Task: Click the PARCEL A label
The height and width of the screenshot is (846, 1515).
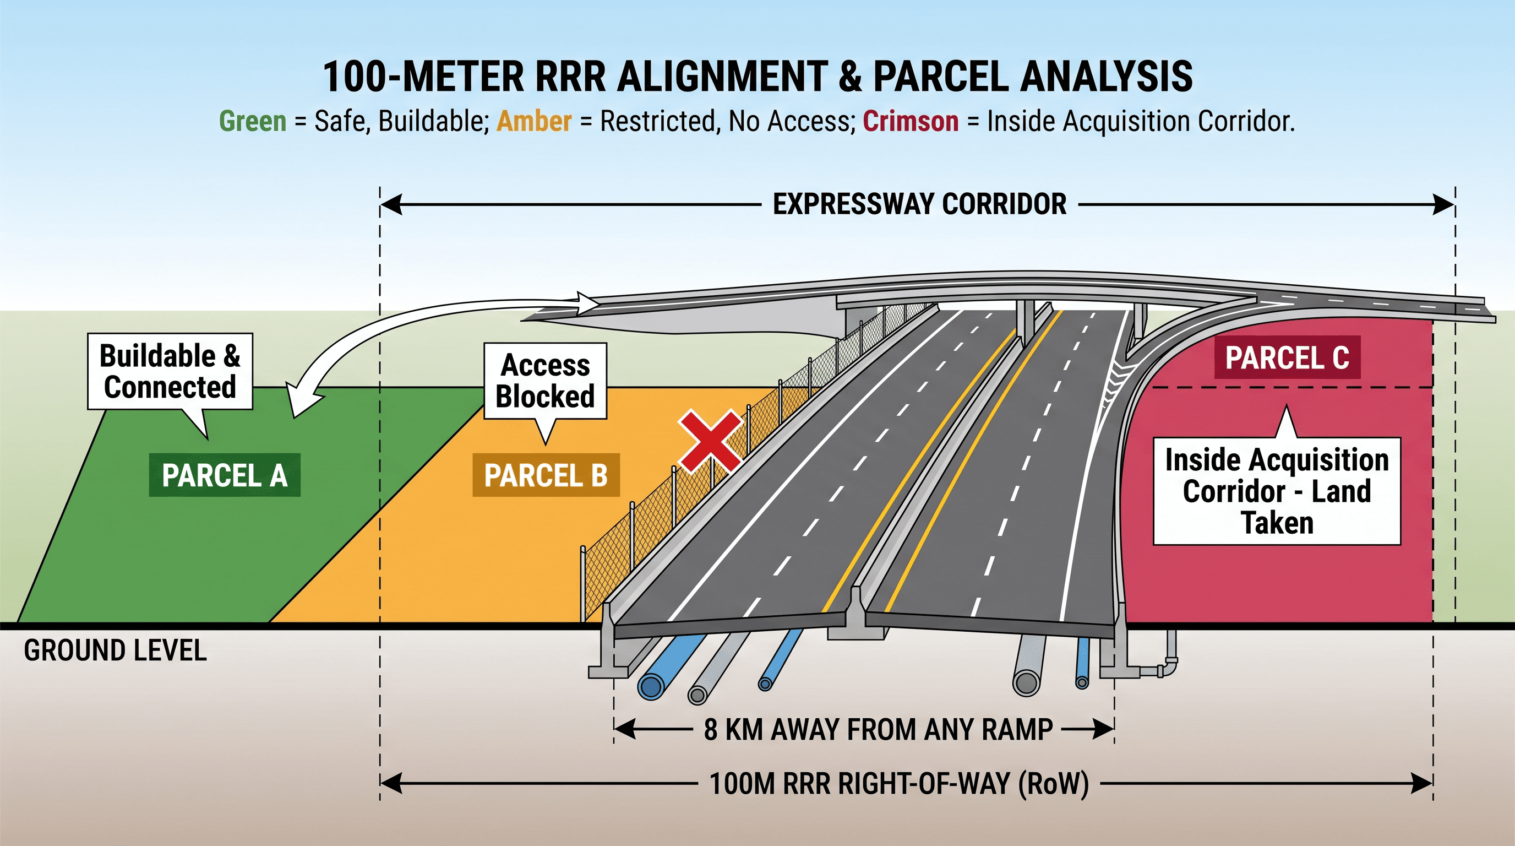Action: tap(224, 475)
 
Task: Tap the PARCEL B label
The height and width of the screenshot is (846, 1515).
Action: tap(546, 475)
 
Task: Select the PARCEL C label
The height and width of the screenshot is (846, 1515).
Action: tap(1288, 357)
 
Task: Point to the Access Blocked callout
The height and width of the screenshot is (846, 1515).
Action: tap(545, 381)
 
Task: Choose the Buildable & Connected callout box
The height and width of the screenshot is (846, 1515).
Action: tap(170, 372)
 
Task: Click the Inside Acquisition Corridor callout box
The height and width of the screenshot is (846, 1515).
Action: tap(1277, 491)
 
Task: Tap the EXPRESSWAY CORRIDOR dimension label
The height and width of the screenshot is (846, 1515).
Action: tap(919, 204)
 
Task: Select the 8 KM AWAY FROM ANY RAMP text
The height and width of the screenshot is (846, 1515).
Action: tap(878, 730)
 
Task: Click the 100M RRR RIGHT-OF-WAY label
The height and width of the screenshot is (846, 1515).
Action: tap(899, 784)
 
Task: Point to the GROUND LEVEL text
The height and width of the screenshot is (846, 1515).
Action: tap(115, 650)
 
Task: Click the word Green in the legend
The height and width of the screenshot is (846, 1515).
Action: tap(253, 121)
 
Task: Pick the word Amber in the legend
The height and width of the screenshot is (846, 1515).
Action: tap(534, 121)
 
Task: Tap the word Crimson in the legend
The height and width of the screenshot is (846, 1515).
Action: tap(911, 121)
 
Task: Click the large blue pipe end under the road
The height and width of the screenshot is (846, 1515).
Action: tap(651, 686)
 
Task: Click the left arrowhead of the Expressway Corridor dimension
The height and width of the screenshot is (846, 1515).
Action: tap(391, 205)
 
